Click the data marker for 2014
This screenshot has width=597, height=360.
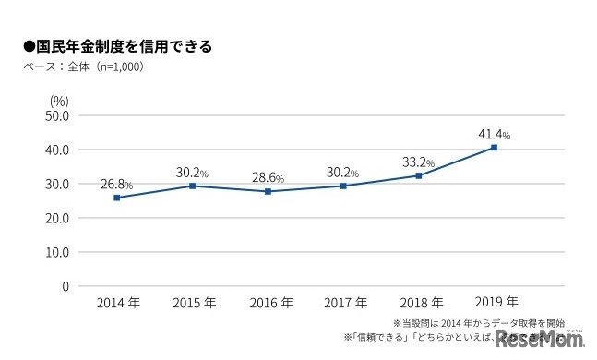[x=117, y=198]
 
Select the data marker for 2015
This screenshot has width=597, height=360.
[x=192, y=186]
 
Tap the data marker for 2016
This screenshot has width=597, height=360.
[x=268, y=191]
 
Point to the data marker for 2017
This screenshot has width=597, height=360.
[x=343, y=186]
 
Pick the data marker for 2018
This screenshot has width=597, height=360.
[x=419, y=175]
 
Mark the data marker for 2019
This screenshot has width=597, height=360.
[x=495, y=148]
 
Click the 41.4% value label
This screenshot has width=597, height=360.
[x=494, y=133]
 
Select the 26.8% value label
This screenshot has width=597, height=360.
[x=117, y=184]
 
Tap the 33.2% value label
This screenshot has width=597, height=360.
[x=419, y=162]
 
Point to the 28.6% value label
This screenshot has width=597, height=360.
[x=268, y=177]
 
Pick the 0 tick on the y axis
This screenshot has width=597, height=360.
[x=65, y=286]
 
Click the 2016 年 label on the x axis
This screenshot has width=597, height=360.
[x=268, y=302]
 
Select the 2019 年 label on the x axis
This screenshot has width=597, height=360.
[x=495, y=302]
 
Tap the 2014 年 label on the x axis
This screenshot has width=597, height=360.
[x=117, y=302]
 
